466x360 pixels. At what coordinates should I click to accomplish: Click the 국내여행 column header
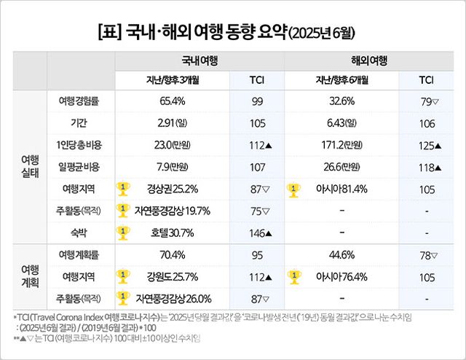coord(199,60)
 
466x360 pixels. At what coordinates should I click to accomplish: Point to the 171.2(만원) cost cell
coord(341,146)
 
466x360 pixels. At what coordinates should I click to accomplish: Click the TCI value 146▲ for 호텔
coord(257,233)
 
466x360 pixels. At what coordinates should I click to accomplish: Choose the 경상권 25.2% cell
coord(173,189)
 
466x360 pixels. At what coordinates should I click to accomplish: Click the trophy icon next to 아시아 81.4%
coord(294,189)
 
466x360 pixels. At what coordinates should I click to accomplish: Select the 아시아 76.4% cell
coord(341,277)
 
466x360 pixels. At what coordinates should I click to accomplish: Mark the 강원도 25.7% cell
coord(173,277)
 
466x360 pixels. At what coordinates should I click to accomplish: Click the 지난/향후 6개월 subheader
coord(341,80)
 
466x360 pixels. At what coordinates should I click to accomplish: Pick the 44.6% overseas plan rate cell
coord(341,255)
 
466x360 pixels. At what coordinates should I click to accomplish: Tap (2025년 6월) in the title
coord(323,33)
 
